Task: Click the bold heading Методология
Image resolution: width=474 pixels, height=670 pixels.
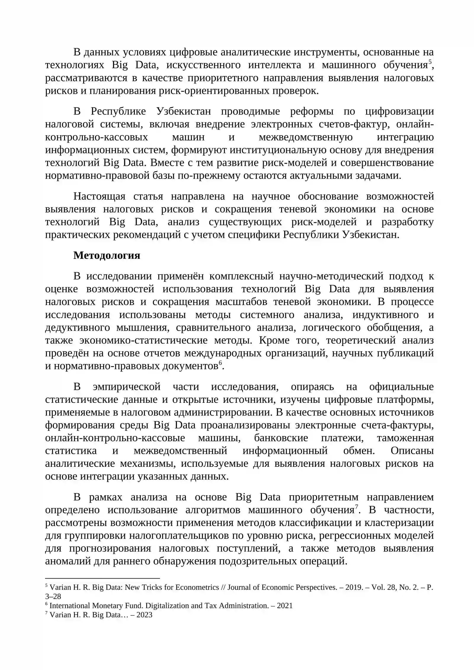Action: tap(107, 255)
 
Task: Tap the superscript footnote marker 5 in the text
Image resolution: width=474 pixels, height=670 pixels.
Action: tap(430, 62)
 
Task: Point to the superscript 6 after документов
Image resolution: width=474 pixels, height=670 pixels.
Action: tap(220, 363)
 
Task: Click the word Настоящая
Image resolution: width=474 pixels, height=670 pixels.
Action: tap(99, 196)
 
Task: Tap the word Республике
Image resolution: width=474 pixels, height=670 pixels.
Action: tap(118, 111)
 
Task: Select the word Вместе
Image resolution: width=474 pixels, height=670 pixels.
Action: tap(166, 163)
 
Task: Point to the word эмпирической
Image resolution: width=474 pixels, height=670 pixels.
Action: tap(126, 387)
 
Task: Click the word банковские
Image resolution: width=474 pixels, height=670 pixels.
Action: tap(281, 438)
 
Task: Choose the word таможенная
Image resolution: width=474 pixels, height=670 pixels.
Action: tap(405, 438)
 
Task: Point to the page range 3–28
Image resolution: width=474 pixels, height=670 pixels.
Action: tap(53, 597)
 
